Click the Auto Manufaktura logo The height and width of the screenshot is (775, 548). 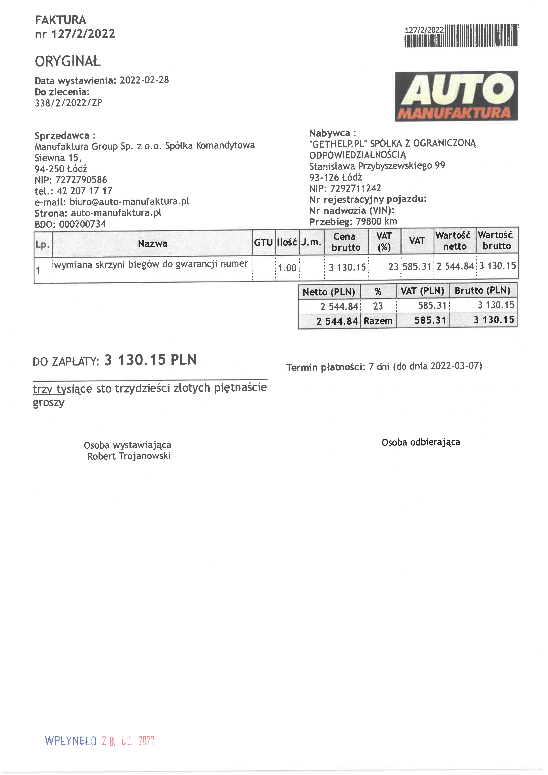point(456,96)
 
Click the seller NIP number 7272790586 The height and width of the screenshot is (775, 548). point(81,180)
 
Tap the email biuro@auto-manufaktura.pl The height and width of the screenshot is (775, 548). point(129,202)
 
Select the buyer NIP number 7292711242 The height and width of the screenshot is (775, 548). point(355,188)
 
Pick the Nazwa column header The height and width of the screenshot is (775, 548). point(152,243)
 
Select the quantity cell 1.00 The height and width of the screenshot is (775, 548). point(287,268)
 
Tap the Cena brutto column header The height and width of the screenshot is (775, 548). point(346,242)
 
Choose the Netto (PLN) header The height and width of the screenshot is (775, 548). point(329,292)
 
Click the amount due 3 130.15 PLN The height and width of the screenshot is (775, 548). point(150,360)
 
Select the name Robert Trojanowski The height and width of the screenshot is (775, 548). point(129,456)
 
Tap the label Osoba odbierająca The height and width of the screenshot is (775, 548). point(421,442)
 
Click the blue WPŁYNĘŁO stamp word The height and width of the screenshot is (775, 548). point(71,741)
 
